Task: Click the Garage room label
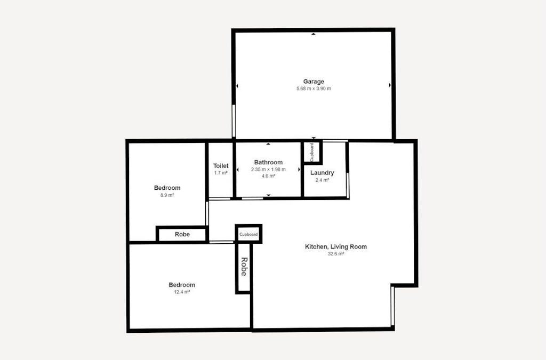(314, 82)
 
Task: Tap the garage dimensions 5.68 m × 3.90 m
(314, 89)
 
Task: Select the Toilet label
(221, 166)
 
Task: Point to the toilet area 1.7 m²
(221, 173)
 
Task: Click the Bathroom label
(268, 162)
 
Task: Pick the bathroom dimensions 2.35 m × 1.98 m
(268, 170)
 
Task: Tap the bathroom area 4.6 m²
(268, 176)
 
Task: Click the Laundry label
(322, 173)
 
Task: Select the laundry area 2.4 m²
(322, 180)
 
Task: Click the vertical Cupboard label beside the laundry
(311, 152)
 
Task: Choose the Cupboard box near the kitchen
(248, 234)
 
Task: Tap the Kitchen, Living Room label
(336, 246)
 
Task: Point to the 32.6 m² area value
(336, 254)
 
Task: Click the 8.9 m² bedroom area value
(167, 195)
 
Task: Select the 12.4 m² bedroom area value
(182, 292)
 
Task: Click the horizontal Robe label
(182, 234)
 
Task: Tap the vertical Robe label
(244, 267)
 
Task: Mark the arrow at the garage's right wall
(390, 85)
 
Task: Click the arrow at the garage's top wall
(314, 34)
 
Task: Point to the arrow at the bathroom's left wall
(238, 170)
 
